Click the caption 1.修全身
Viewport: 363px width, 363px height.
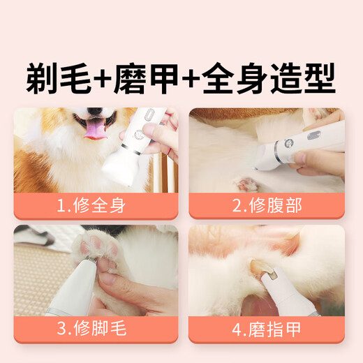(x=96, y=206)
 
